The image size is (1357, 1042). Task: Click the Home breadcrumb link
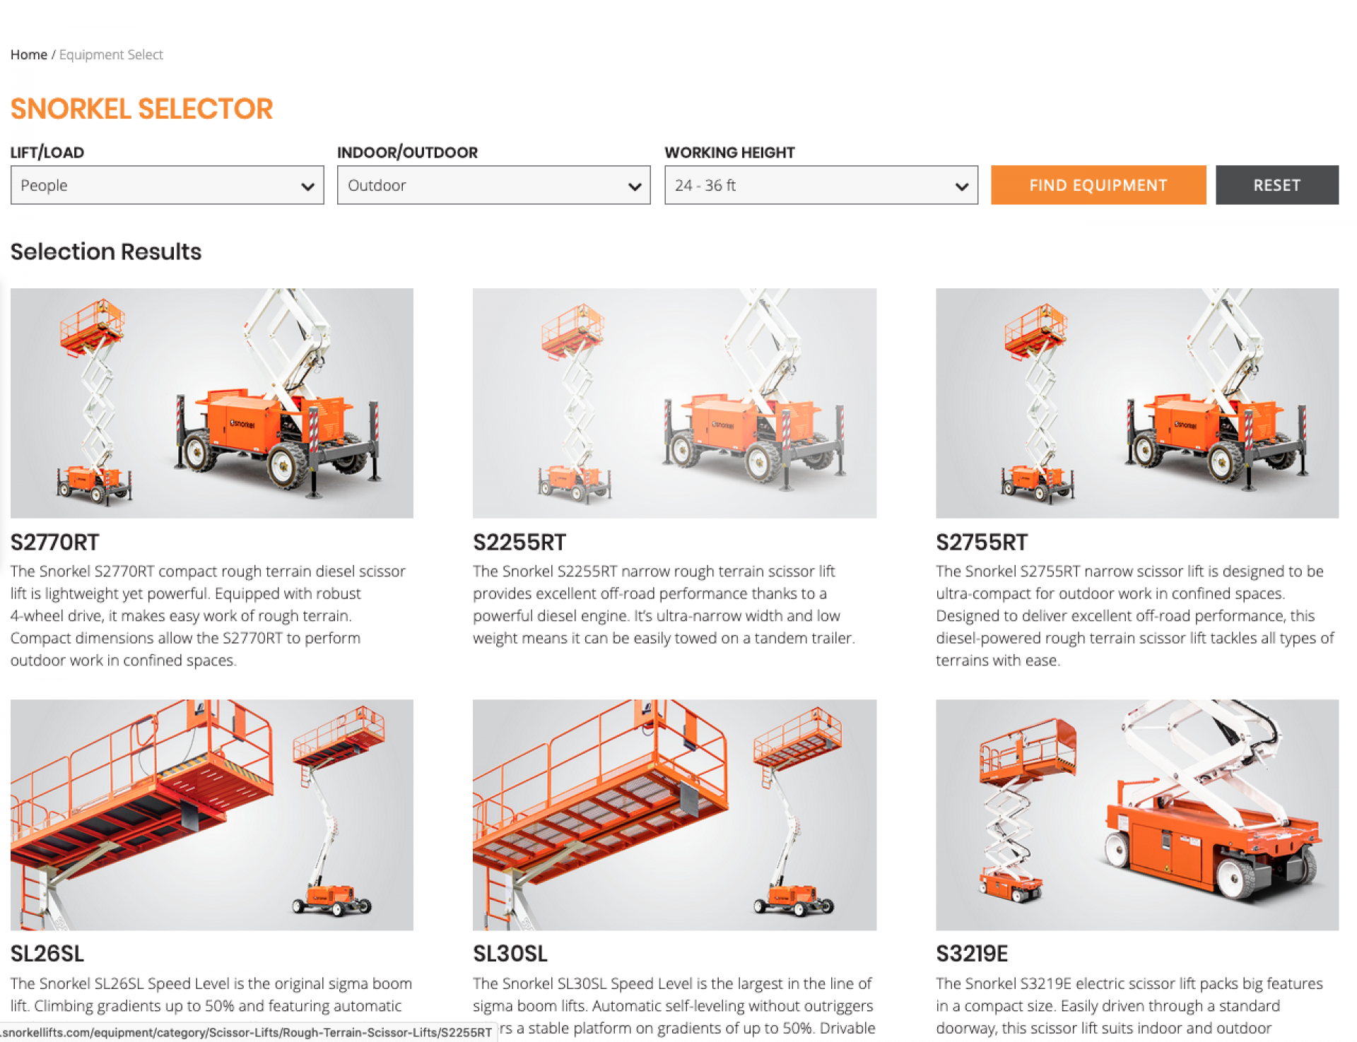point(29,54)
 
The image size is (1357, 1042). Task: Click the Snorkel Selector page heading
point(141,109)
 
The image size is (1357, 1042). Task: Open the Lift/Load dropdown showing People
point(167,185)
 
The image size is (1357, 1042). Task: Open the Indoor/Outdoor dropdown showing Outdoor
point(493,185)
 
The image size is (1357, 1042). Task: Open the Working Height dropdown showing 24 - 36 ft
point(821,185)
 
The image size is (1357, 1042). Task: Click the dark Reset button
point(1276,185)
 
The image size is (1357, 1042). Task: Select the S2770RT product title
point(55,543)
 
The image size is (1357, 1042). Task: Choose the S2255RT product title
point(519,543)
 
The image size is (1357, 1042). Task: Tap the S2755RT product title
point(982,543)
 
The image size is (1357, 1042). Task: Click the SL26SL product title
point(47,954)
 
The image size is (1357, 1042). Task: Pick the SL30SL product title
point(510,954)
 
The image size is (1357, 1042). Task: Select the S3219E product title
point(972,954)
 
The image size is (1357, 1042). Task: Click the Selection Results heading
point(106,251)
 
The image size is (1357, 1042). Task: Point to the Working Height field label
point(729,153)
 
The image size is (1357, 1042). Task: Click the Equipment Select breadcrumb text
point(111,54)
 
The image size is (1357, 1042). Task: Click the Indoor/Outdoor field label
point(407,153)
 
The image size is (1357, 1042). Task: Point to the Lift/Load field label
point(47,153)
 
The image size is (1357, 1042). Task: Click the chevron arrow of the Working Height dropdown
point(961,187)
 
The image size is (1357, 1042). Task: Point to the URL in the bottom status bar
point(247,1032)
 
